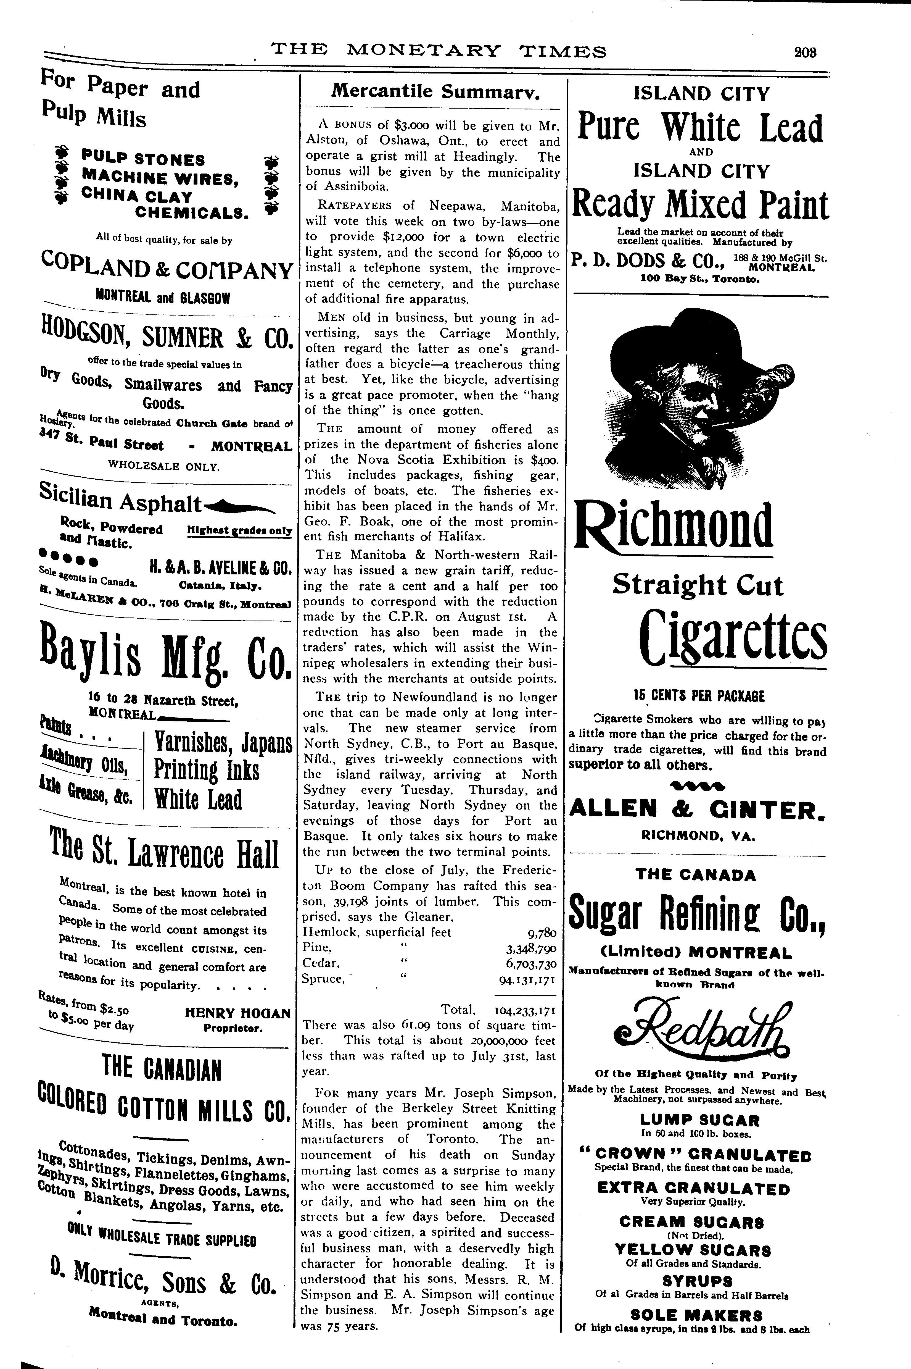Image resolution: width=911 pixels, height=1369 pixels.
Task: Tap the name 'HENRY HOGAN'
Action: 237,1013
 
